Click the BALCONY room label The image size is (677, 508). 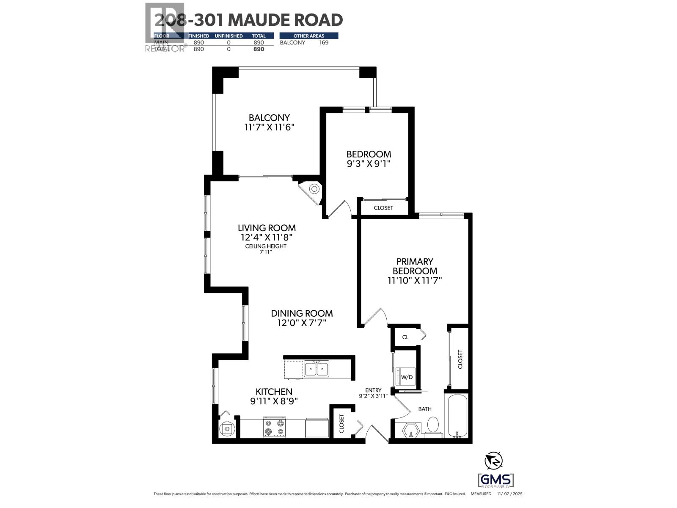click(x=269, y=118)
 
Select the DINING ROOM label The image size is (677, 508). click(x=302, y=313)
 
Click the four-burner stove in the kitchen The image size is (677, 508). click(x=274, y=428)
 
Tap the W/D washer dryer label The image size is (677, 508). click(x=407, y=377)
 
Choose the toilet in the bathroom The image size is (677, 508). click(x=433, y=425)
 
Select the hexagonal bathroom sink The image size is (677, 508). click(x=411, y=430)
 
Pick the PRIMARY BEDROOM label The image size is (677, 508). click(x=415, y=266)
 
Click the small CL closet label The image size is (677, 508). click(x=405, y=337)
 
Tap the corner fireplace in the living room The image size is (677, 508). click(x=314, y=189)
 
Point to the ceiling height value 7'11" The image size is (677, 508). click(x=265, y=252)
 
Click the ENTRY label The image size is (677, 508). click(x=374, y=390)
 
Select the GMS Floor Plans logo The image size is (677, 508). click(x=495, y=480)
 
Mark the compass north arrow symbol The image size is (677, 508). click(x=494, y=460)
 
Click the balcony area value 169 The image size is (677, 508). click(x=324, y=42)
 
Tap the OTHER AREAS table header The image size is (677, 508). click(x=309, y=36)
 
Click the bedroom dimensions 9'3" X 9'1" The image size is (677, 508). click(x=368, y=163)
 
